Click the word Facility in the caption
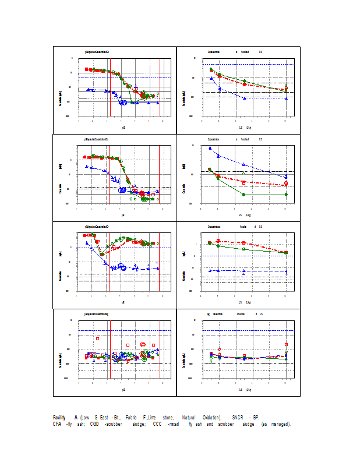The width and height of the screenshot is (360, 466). (59, 417)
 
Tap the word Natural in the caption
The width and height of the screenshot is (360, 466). (189, 417)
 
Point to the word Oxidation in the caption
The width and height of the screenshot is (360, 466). (212, 417)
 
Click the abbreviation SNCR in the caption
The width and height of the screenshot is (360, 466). (238, 417)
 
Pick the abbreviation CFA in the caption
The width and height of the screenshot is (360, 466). (58, 423)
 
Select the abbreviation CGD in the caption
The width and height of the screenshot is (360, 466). (95, 423)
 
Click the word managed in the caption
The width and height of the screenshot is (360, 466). (280, 423)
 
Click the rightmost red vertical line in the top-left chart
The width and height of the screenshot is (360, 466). (160, 87)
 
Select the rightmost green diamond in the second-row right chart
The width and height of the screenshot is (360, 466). (286, 195)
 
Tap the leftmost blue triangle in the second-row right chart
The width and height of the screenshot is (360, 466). (210, 148)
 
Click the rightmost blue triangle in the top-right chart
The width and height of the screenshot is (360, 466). (286, 98)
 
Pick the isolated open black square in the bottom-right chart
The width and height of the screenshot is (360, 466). (286, 344)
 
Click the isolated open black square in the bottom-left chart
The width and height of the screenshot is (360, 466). (98, 338)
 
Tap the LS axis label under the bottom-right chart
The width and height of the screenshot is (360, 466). (241, 389)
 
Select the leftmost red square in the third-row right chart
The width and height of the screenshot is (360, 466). (210, 242)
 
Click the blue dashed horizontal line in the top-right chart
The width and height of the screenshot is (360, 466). (245, 64)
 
